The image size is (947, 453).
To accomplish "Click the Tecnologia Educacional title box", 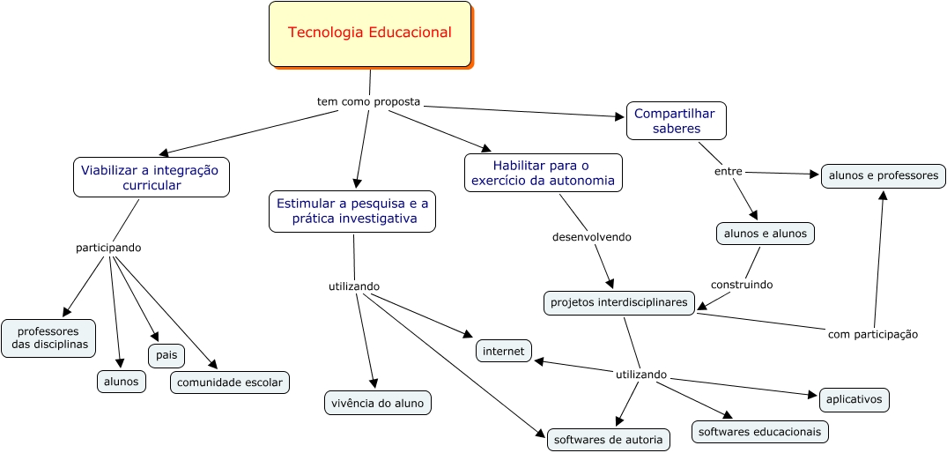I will point(370,33).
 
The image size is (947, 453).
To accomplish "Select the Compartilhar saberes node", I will point(676,121).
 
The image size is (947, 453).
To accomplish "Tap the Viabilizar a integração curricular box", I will point(152,177).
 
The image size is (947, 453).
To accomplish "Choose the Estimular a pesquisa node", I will point(352,212).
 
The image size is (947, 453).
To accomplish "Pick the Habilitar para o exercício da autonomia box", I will point(543,173).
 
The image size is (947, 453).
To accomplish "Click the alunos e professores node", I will point(883,175).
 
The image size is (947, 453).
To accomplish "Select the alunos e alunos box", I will point(765,234).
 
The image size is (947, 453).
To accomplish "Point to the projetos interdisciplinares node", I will point(618,302).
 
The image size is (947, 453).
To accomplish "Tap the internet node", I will point(504,351).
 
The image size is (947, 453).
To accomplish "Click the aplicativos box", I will point(854,399).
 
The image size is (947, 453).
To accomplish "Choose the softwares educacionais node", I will point(759,432).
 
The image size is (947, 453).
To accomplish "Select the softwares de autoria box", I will point(609,439).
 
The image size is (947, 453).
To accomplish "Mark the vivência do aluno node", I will point(378,403).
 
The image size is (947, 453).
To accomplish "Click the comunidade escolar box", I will point(229,382).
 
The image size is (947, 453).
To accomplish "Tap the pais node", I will point(166,355).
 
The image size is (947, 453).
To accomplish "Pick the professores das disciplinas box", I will point(48,338).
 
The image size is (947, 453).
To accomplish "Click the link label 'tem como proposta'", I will point(368,101).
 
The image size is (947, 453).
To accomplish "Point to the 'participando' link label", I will point(108,248).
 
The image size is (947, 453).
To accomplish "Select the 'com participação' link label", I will point(872,334).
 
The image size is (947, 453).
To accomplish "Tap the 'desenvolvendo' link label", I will point(591,236).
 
